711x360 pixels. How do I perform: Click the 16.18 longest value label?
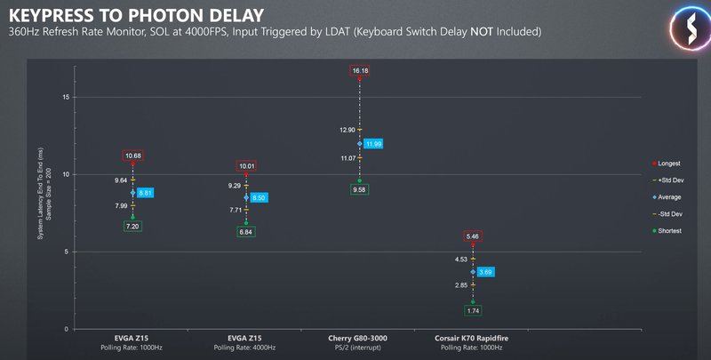pos(360,69)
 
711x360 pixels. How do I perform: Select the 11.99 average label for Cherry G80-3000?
pos(372,144)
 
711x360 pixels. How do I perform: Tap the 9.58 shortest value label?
pos(360,189)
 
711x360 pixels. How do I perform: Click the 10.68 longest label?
pos(132,156)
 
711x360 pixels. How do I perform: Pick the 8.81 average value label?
pos(145,192)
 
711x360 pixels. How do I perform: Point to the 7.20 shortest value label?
pos(132,227)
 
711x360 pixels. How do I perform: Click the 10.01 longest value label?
pos(246,166)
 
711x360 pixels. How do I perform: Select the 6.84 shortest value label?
pos(246,232)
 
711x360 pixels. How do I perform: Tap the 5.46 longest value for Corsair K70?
pos(473,236)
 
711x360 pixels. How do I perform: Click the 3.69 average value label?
pos(485,272)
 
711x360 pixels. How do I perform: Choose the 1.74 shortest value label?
pos(473,310)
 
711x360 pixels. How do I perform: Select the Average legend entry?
pos(668,196)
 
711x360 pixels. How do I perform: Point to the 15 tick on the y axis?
pos(68,97)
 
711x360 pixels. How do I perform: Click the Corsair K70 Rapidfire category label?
pos(473,339)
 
